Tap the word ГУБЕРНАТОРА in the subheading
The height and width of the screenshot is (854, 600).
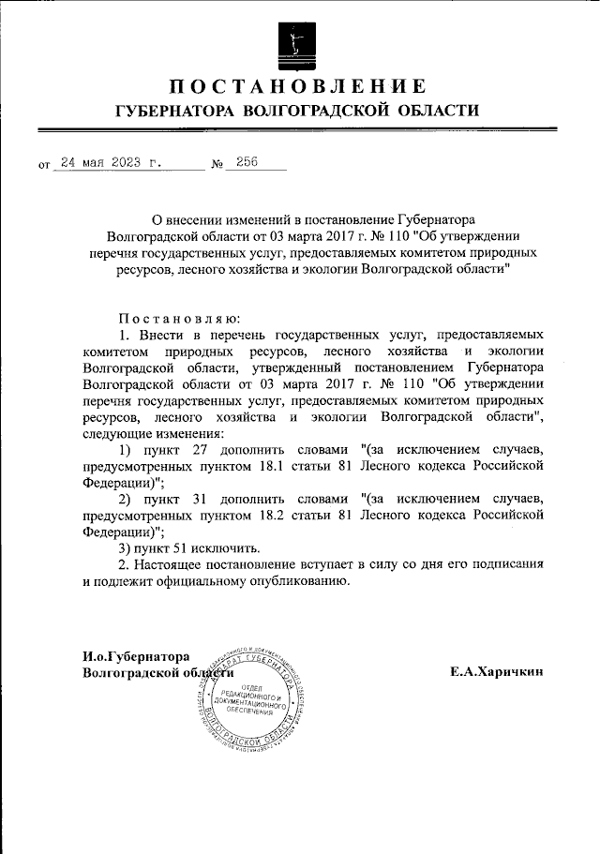point(172,112)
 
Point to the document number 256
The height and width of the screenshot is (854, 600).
point(247,161)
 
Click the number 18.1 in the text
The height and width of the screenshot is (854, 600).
point(307,466)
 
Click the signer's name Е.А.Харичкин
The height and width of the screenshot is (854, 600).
point(497,671)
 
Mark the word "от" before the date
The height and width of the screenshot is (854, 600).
point(44,165)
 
